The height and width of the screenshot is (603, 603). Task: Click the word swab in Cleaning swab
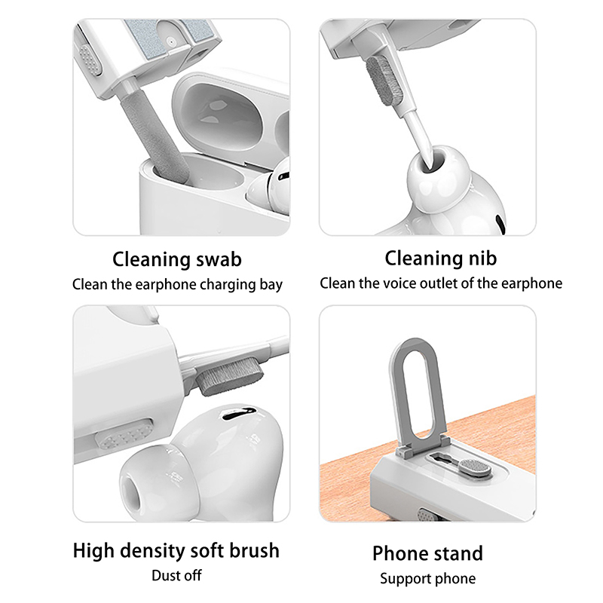click(219, 259)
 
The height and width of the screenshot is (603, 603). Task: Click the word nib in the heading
click(482, 258)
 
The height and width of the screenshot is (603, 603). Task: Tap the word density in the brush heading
click(153, 550)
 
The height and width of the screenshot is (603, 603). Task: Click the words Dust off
click(176, 576)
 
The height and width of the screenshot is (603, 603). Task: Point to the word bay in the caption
click(271, 285)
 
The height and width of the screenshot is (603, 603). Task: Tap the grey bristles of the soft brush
click(230, 378)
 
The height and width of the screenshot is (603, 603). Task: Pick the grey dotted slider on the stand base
click(476, 467)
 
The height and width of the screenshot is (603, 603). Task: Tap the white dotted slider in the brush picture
click(124, 435)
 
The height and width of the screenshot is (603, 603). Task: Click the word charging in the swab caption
click(228, 285)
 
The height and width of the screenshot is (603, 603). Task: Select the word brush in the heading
click(254, 550)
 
